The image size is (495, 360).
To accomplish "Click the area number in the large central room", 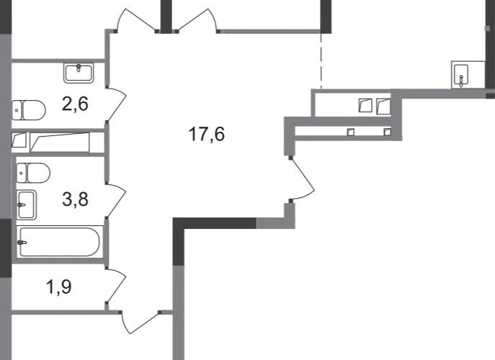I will [x=207, y=133].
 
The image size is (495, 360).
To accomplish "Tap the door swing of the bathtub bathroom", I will [x=115, y=200].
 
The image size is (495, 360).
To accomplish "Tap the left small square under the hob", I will [x=351, y=131].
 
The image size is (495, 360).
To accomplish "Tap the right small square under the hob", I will [x=386, y=131].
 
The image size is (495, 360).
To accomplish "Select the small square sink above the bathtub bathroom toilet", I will [x=33, y=173].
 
